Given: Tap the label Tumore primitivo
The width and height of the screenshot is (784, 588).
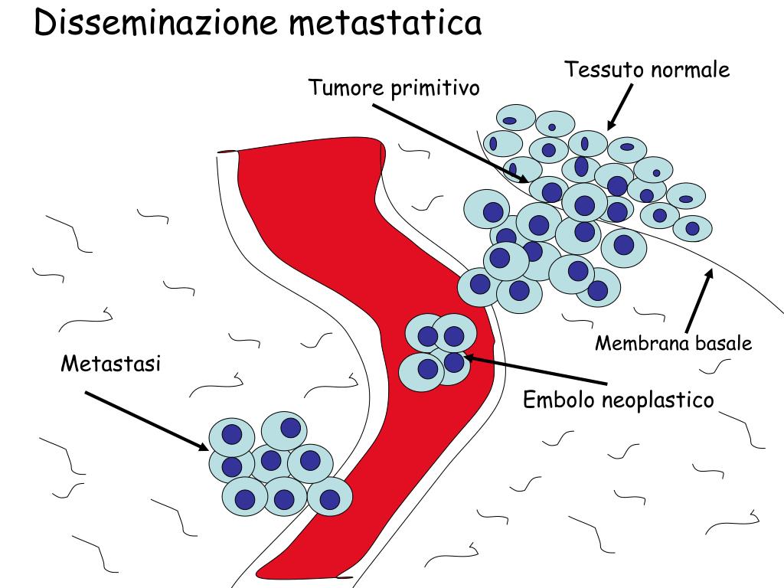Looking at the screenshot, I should click(x=394, y=88).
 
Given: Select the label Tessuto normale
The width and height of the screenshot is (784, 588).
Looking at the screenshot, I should click(x=647, y=70).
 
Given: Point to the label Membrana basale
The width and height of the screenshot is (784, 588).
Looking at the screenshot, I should click(x=674, y=344).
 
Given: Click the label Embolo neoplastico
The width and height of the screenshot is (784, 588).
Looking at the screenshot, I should click(x=618, y=400).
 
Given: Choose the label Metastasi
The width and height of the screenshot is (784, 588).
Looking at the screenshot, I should click(x=111, y=364).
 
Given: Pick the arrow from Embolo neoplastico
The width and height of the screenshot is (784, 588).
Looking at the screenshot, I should click(x=536, y=371).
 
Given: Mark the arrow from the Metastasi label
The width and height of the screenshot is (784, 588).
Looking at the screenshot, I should click(x=145, y=420).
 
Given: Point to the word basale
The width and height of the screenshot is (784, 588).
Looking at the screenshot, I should click(x=724, y=344).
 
